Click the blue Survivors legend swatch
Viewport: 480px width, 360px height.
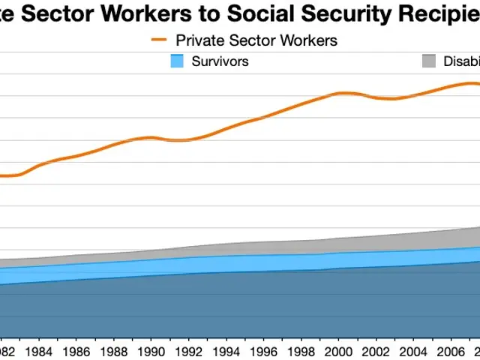178,61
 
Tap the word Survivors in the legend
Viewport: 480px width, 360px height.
220,61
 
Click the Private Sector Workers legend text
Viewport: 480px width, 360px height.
256,40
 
